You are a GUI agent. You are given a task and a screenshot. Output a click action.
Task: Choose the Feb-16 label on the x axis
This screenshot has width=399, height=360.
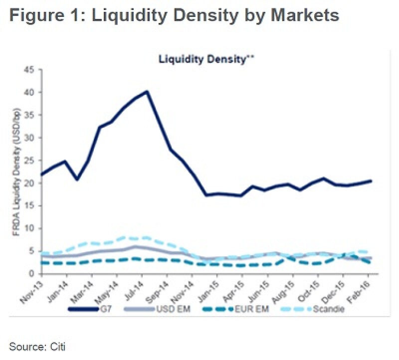(364, 290)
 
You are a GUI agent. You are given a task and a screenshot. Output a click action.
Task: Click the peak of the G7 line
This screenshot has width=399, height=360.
(146, 91)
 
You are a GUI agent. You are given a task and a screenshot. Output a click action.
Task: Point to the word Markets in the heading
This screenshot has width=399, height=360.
(301, 15)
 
